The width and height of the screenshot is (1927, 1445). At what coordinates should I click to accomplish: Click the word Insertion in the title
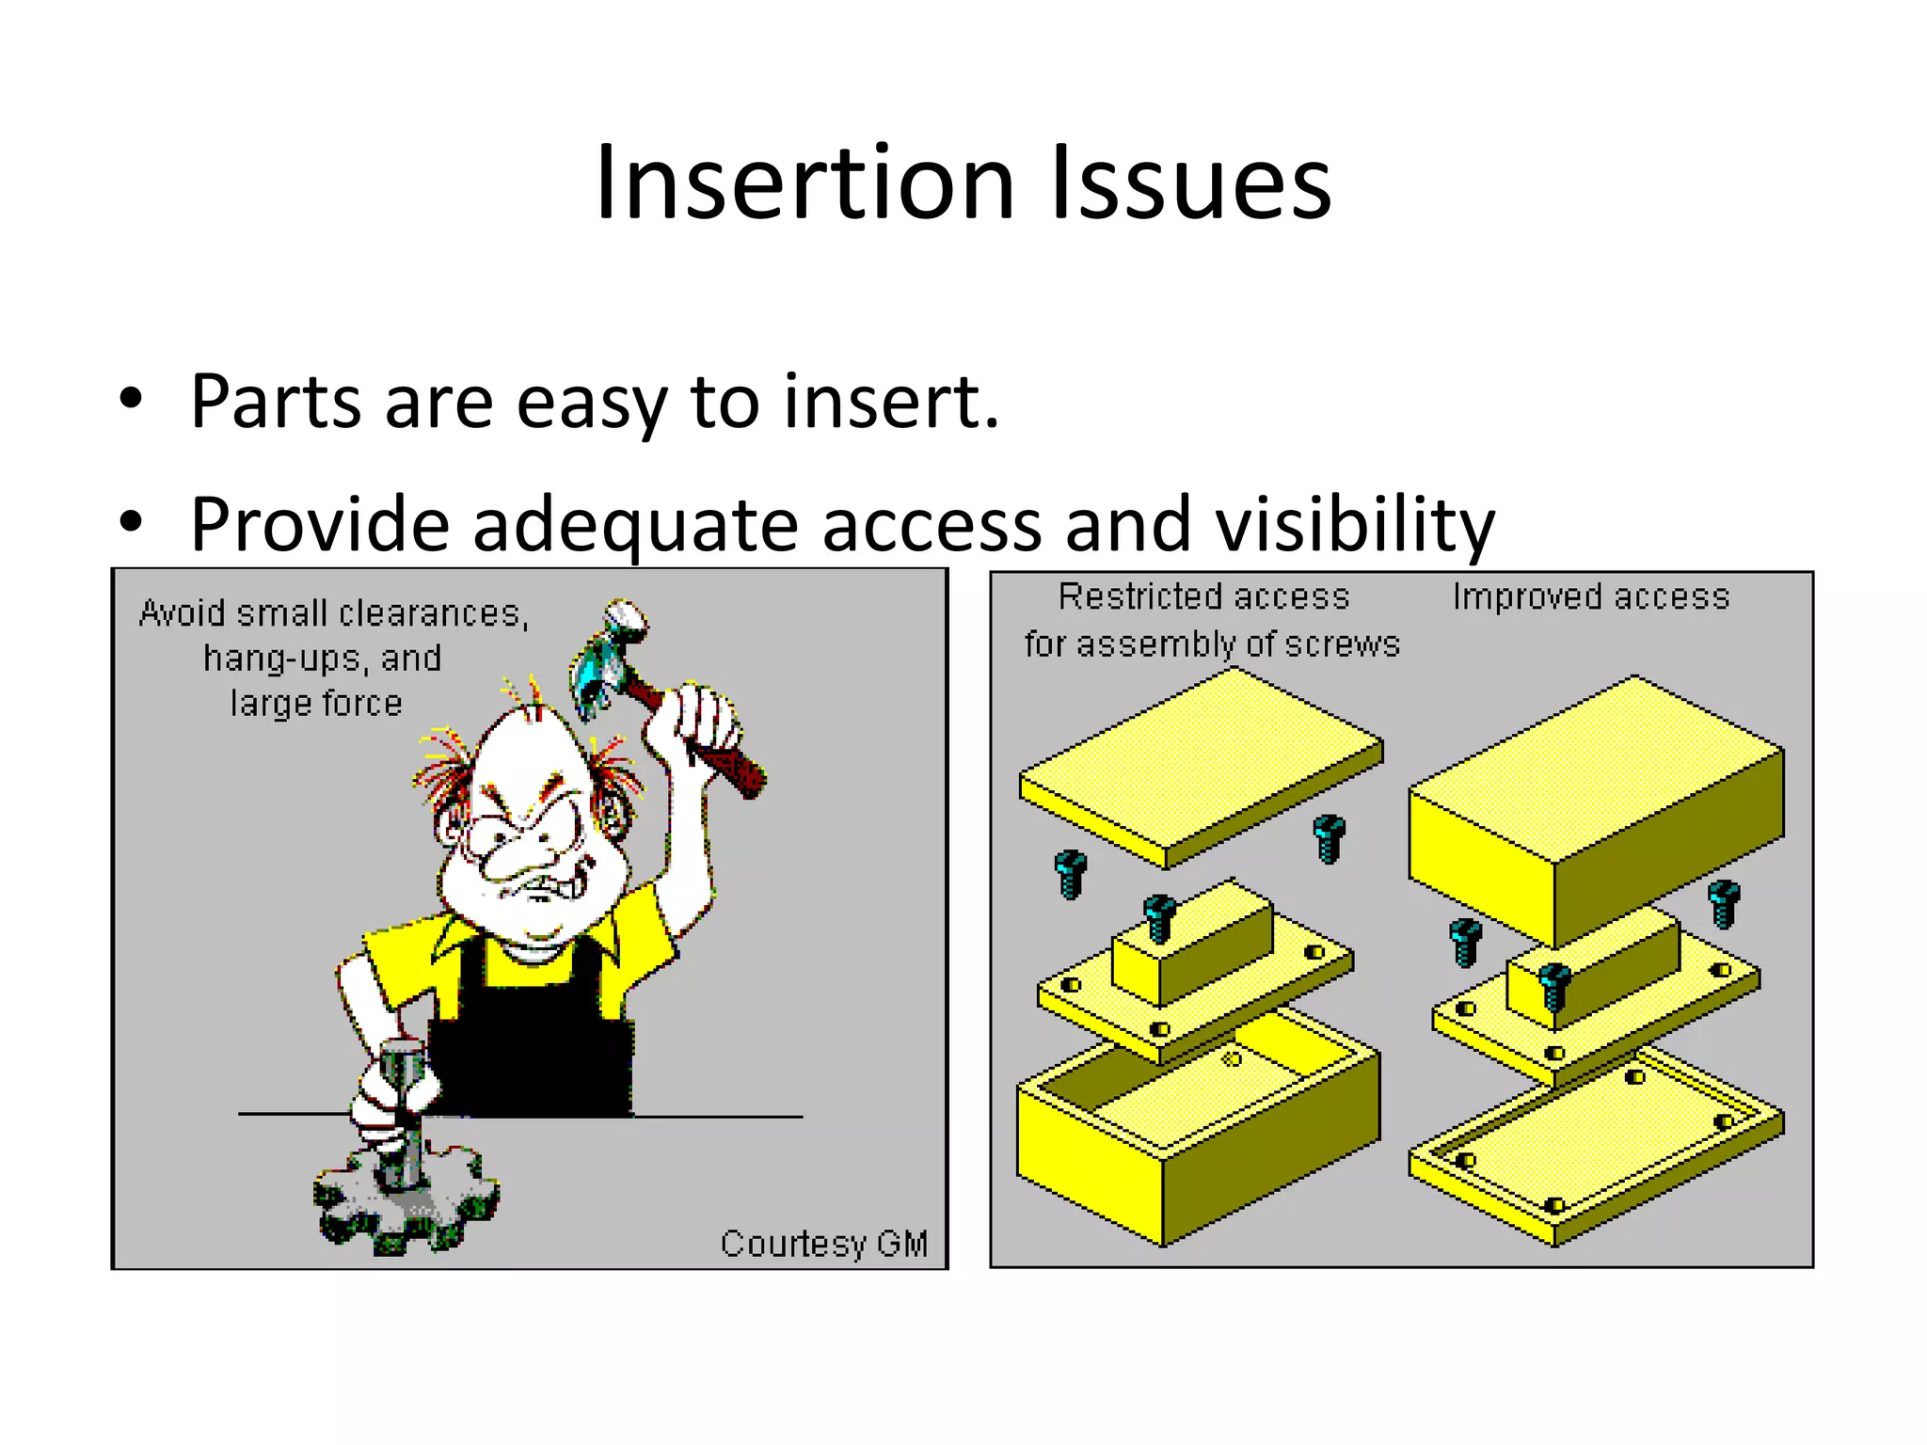pyautogui.click(x=805, y=183)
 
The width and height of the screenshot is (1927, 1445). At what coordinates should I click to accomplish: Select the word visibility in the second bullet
pyautogui.click(x=1355, y=525)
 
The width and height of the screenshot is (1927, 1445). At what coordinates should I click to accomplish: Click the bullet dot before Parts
pyautogui.click(x=131, y=399)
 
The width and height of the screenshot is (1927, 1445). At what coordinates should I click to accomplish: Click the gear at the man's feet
pyautogui.click(x=405, y=1204)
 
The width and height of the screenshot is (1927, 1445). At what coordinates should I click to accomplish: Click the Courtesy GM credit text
pyautogui.click(x=823, y=1244)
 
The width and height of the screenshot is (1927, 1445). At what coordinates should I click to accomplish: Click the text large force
pyautogui.click(x=316, y=704)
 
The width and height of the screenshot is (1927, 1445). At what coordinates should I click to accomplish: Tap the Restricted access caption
pyautogui.click(x=1203, y=597)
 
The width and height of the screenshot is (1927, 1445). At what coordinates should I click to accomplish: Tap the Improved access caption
pyautogui.click(x=1590, y=597)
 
